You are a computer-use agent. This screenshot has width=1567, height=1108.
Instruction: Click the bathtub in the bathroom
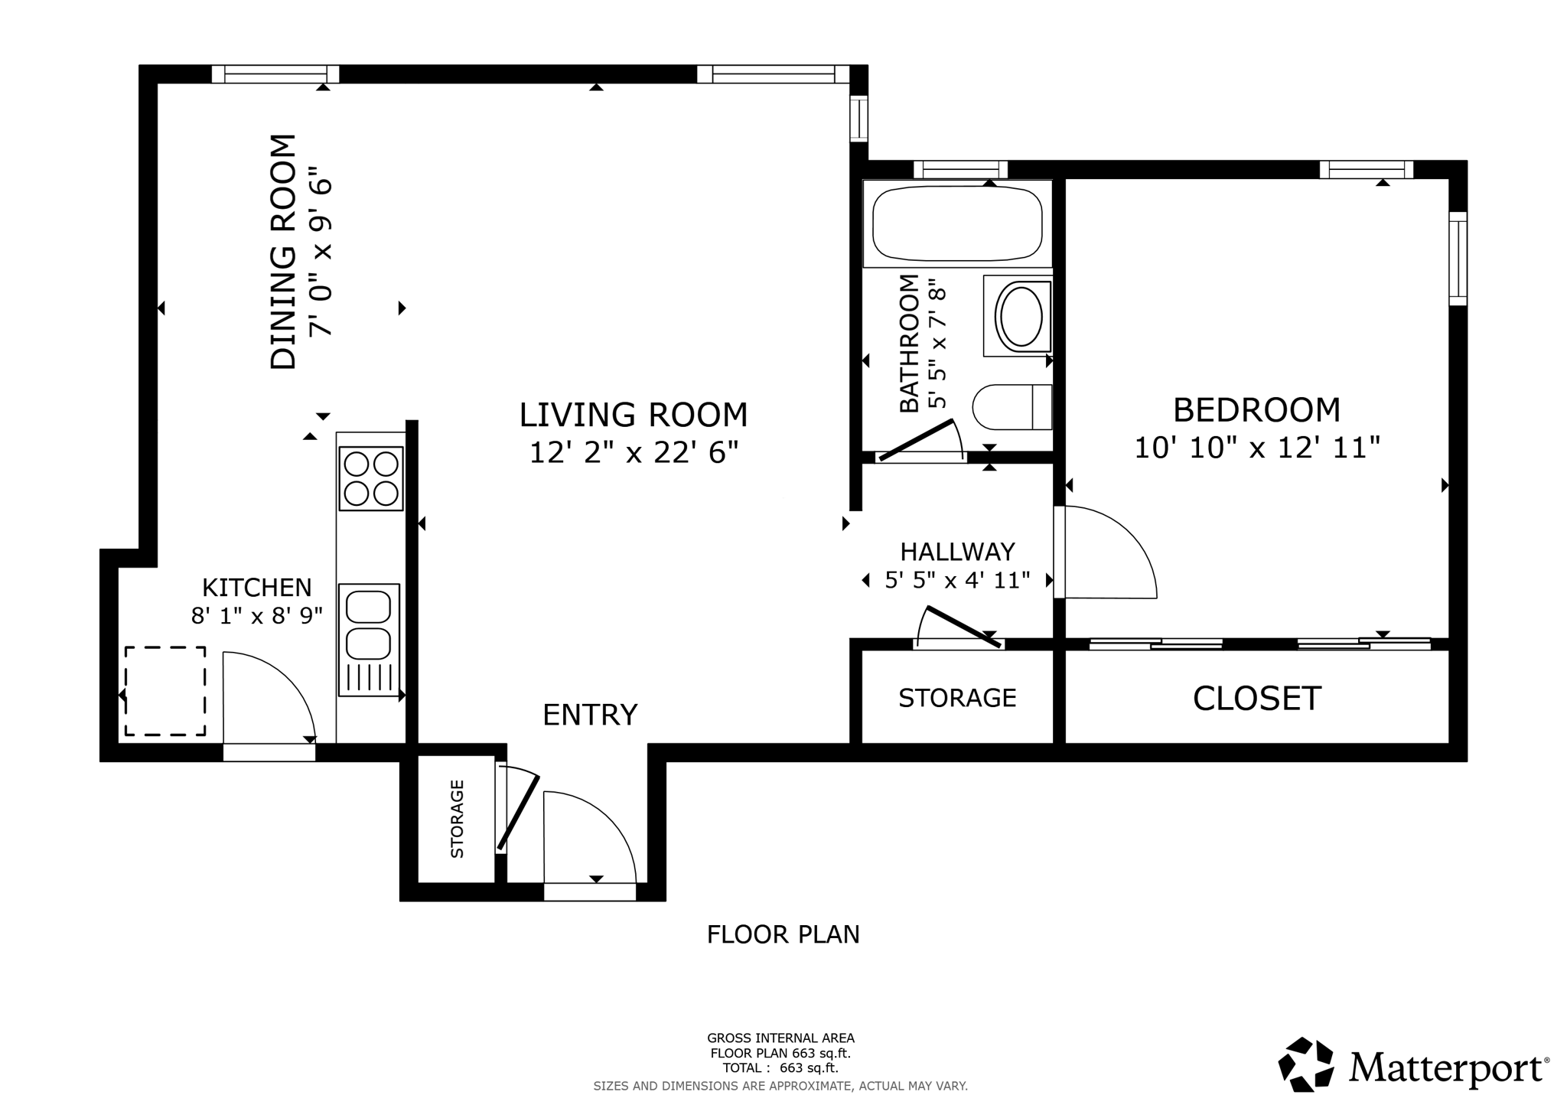click(957, 223)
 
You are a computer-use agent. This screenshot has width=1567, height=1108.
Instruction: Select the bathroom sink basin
click(1021, 315)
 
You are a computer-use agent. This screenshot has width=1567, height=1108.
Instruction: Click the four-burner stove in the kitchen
click(371, 478)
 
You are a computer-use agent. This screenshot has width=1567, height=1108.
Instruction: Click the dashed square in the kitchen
click(165, 691)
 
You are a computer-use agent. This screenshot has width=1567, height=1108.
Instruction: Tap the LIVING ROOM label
click(633, 415)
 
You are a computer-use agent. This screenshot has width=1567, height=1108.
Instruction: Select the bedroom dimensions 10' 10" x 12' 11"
click(1256, 448)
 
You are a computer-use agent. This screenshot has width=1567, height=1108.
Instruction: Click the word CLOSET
click(1256, 699)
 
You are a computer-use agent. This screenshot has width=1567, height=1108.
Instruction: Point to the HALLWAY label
click(957, 552)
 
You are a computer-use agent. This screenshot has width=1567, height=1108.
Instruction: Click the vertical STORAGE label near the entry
click(457, 819)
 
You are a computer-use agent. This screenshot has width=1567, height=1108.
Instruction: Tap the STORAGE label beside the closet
click(957, 698)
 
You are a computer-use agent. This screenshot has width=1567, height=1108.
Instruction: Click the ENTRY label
click(590, 715)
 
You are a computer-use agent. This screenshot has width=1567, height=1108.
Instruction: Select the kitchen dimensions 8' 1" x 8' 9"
click(256, 615)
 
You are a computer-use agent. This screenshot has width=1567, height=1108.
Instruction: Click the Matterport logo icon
click(1306, 1064)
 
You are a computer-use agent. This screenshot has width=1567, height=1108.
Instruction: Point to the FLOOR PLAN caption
click(783, 934)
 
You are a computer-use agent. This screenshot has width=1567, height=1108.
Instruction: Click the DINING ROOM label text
click(283, 252)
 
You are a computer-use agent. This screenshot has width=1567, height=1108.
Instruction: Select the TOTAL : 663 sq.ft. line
click(780, 1068)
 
